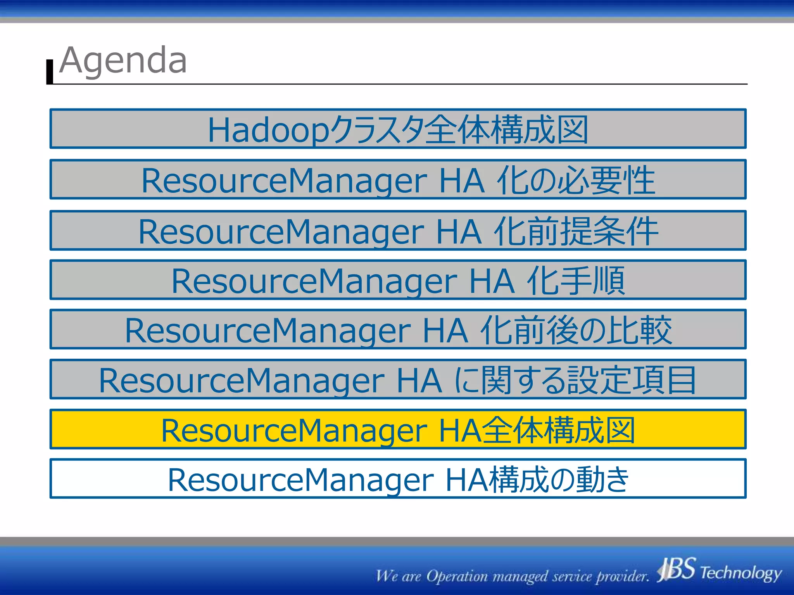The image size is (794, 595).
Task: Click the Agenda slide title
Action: [x=123, y=60]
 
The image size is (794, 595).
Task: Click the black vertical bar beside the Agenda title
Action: [x=50, y=72]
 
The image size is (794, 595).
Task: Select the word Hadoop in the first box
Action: [x=268, y=130]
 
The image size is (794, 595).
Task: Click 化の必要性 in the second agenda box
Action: [x=575, y=181]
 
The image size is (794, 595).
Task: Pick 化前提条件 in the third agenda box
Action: [x=575, y=231]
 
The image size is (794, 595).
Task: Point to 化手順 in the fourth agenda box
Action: [x=575, y=281]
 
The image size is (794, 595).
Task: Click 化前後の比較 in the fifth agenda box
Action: [x=575, y=330]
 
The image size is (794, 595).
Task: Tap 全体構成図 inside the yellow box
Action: [x=558, y=430]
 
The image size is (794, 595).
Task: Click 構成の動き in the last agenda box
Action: [x=558, y=480]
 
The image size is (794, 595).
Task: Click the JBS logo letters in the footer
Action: [x=677, y=569]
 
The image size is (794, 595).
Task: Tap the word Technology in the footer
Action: [x=740, y=573]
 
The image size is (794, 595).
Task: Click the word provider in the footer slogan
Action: [x=622, y=576]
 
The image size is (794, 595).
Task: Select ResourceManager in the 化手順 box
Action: [x=314, y=281]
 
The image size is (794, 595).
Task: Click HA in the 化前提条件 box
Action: [x=459, y=232]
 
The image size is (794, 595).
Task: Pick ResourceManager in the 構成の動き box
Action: [x=300, y=480]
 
